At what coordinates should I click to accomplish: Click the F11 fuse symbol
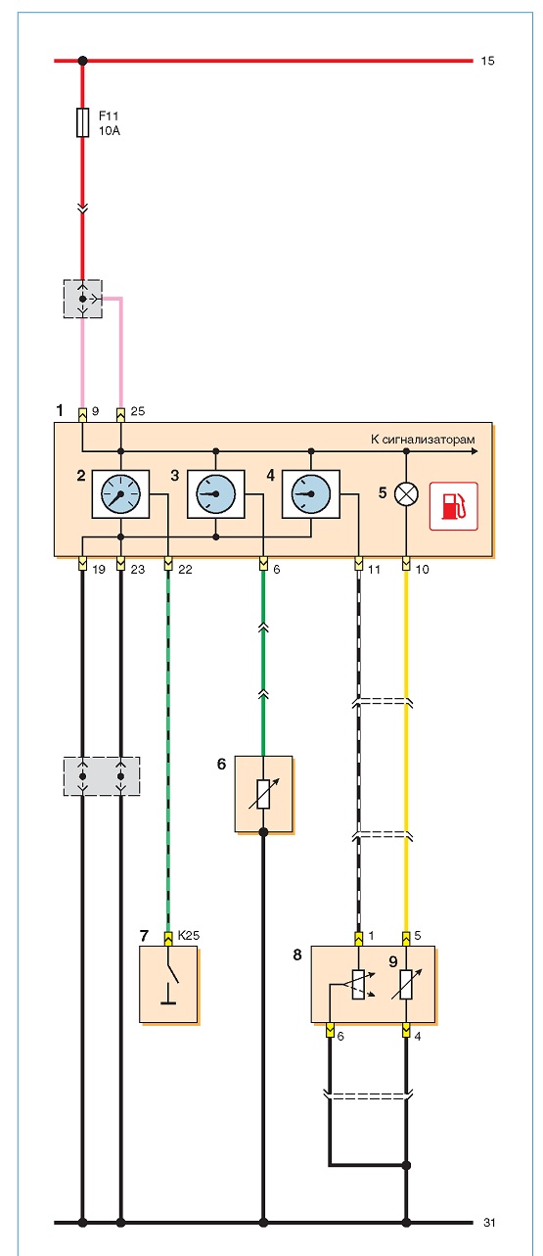82,122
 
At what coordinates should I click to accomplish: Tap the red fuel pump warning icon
453,506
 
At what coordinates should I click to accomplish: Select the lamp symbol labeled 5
406,494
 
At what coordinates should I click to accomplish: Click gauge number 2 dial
120,494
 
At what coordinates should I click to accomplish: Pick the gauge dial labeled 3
216,494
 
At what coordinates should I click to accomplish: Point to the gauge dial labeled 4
310,494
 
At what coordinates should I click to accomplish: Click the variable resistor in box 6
263,794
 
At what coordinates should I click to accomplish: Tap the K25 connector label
188,935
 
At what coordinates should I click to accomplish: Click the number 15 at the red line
487,61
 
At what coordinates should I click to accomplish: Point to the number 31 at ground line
488,1223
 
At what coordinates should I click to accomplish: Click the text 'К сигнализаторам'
423,439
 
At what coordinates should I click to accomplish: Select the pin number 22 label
185,569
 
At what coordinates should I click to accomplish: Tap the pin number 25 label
137,411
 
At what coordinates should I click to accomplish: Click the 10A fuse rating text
110,130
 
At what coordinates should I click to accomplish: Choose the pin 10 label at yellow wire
422,569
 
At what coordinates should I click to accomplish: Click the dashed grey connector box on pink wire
83,299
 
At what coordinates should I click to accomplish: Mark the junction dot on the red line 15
82,61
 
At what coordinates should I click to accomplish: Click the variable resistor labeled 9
406,984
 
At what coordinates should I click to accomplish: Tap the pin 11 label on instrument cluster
374,569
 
